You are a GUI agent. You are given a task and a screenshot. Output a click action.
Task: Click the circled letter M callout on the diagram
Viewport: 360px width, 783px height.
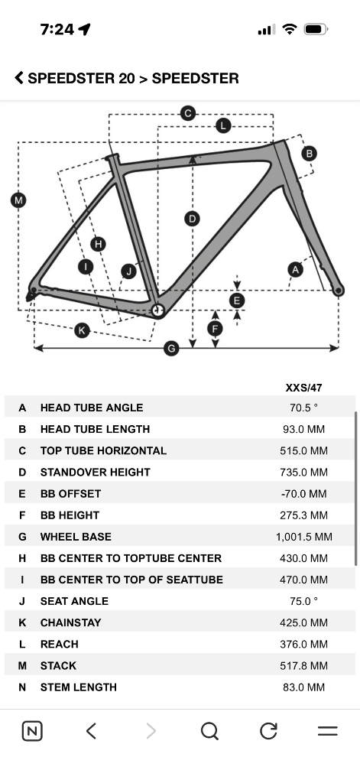(x=18, y=200)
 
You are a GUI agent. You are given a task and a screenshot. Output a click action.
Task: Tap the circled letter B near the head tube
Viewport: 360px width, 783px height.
(x=309, y=153)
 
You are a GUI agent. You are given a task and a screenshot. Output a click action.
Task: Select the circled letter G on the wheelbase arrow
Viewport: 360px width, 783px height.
(x=171, y=348)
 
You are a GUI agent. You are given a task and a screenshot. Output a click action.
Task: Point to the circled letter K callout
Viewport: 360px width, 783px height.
(x=82, y=330)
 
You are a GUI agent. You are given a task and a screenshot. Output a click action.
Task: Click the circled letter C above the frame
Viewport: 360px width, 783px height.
(x=188, y=113)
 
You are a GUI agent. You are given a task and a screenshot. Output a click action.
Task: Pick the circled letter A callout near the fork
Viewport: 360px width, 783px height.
(x=296, y=270)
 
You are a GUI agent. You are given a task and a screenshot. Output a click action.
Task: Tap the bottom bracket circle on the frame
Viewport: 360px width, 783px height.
(x=157, y=310)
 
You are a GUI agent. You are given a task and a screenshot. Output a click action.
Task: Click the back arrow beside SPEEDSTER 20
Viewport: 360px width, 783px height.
(x=19, y=78)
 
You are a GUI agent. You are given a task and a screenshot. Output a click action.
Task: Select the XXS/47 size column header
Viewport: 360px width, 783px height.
(x=303, y=388)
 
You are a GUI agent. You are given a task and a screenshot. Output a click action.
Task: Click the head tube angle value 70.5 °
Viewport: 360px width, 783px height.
(x=303, y=408)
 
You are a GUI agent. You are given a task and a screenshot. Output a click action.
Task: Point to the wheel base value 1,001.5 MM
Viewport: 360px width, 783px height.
(x=303, y=537)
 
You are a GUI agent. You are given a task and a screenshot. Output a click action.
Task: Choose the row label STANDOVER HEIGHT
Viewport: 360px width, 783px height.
(x=96, y=472)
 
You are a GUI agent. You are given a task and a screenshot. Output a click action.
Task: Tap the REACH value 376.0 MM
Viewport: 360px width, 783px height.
(x=303, y=644)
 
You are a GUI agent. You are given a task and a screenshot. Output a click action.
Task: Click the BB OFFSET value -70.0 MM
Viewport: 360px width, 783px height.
(x=303, y=494)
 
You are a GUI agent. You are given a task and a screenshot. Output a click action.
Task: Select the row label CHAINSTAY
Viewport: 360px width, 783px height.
(x=71, y=622)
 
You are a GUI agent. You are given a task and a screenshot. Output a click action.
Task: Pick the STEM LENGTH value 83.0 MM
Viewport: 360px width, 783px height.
(x=303, y=687)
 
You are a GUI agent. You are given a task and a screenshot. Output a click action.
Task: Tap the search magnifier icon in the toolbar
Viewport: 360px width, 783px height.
(x=209, y=732)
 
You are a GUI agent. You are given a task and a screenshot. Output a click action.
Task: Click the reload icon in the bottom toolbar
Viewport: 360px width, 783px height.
(x=268, y=731)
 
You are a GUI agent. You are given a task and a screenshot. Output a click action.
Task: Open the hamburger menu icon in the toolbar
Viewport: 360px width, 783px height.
(x=328, y=731)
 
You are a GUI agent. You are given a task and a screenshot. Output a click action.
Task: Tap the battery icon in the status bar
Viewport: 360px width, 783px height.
(x=316, y=30)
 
